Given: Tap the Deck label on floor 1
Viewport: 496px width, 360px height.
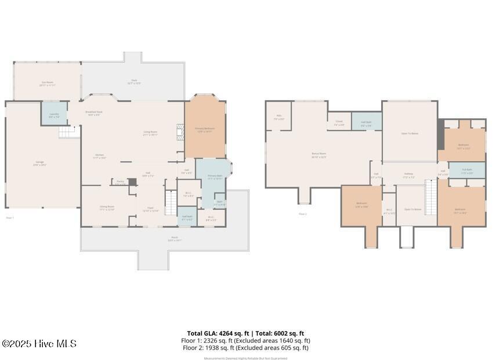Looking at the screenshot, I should (133, 82).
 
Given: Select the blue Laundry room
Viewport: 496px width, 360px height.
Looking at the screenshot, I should (54, 114).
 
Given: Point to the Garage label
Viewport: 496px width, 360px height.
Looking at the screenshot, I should (40, 163).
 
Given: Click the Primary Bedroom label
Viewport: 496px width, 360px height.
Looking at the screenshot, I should (205, 131).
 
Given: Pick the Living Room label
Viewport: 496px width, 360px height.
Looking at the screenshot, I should (150, 133).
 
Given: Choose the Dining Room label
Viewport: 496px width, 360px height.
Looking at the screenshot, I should (107, 208).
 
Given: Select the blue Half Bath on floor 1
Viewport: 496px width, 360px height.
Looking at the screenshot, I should (187, 217).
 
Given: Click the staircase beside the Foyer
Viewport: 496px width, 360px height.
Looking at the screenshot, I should (171, 202).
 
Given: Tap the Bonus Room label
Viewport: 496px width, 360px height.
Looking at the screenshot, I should (319, 155).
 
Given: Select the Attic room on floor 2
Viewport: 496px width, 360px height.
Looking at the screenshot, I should (279, 117).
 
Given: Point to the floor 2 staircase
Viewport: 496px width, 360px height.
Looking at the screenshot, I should (430, 197).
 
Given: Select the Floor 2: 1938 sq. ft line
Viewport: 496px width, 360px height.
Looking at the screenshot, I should (245, 348).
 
